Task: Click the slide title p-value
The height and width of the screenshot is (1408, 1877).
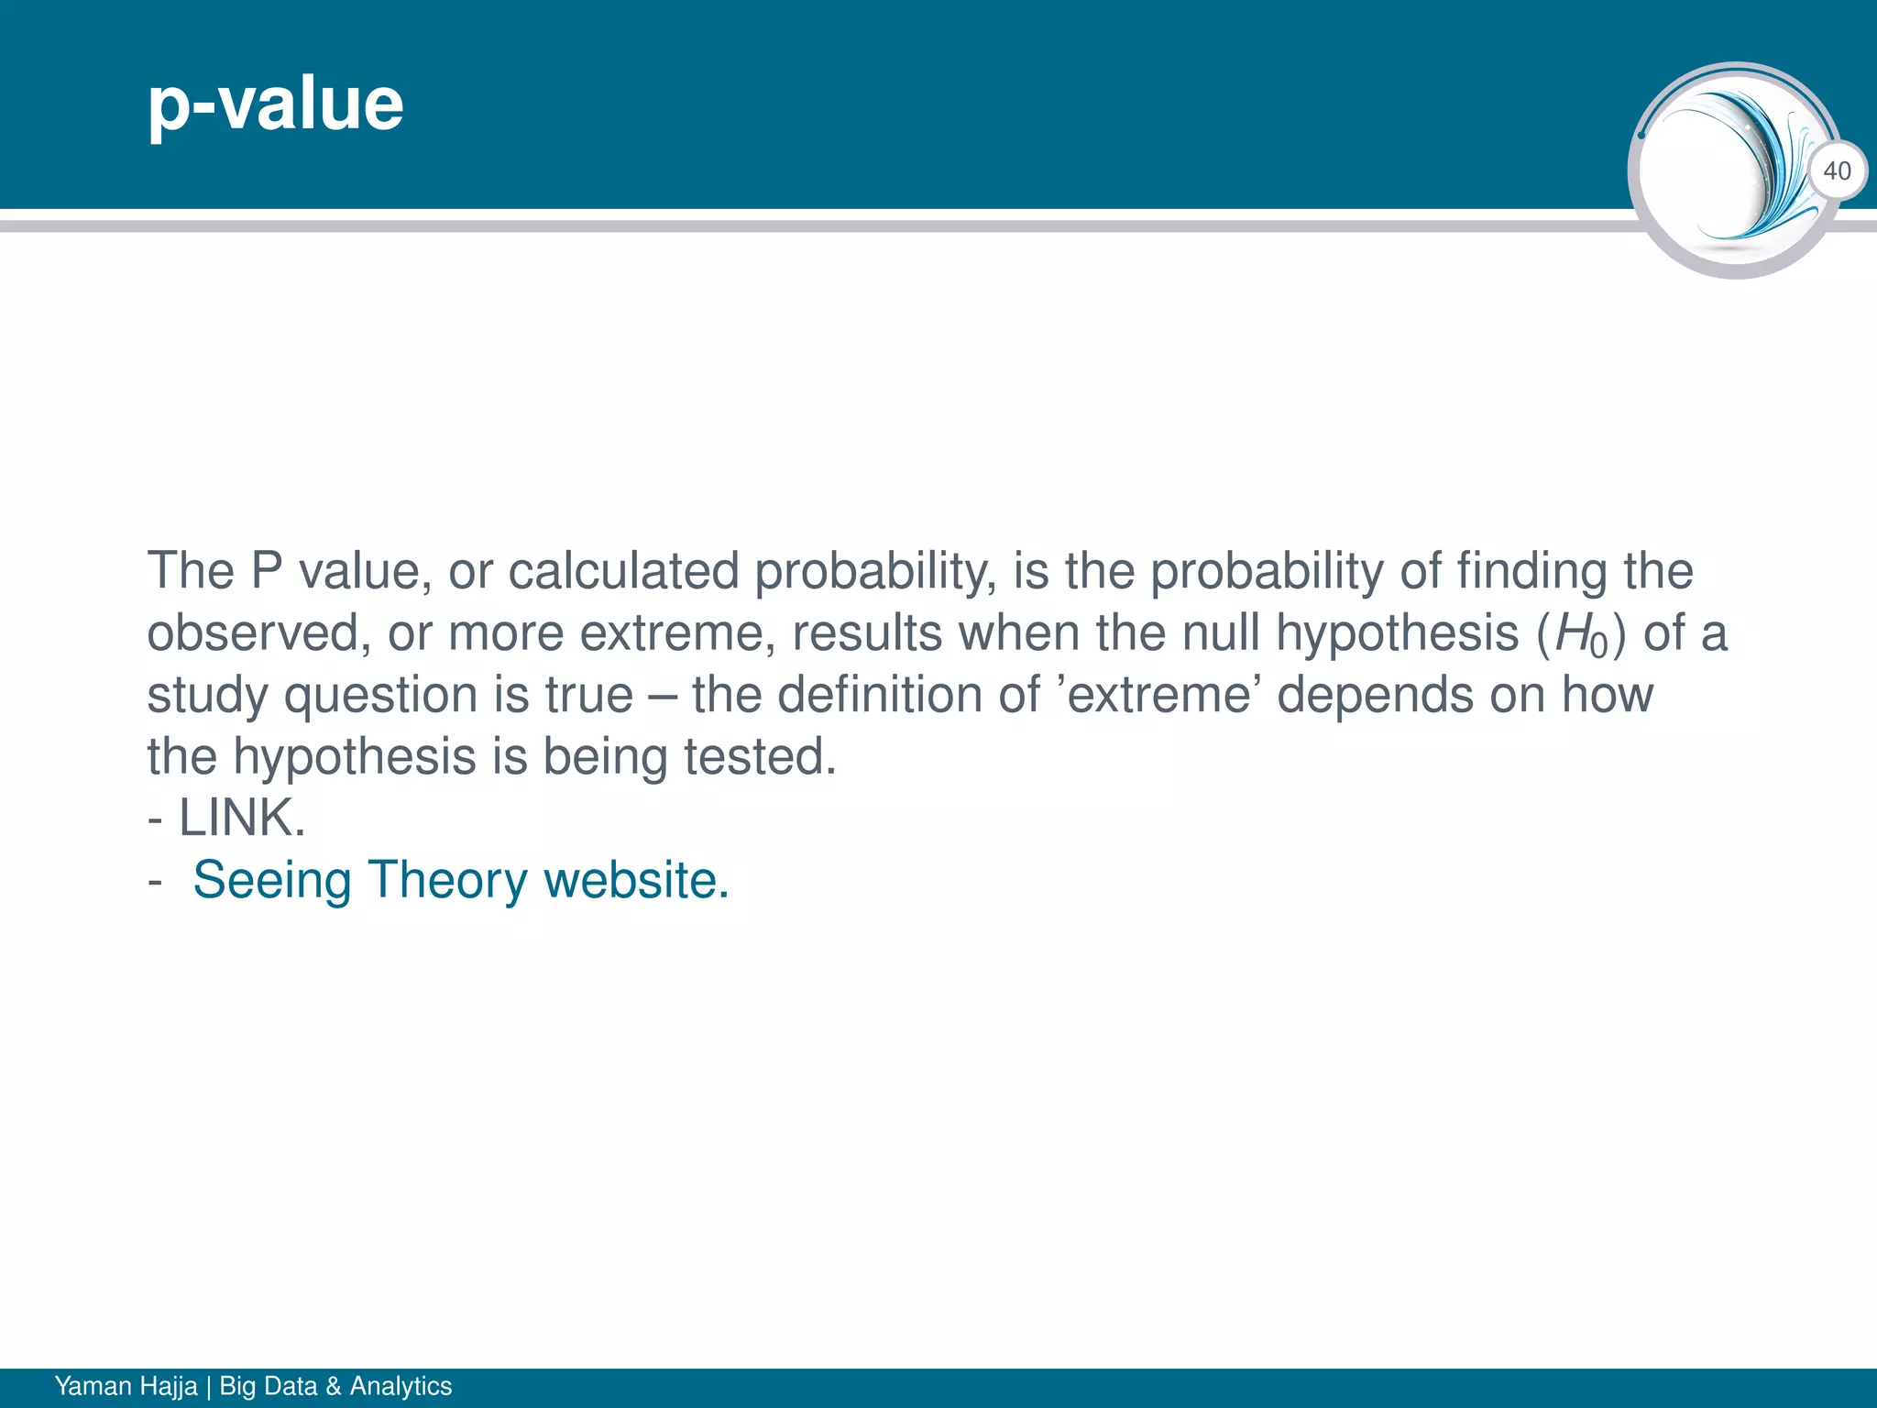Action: (275, 104)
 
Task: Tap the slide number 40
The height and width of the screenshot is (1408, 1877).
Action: (1837, 170)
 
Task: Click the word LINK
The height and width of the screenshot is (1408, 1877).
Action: (241, 818)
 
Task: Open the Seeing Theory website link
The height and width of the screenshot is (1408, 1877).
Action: (460, 880)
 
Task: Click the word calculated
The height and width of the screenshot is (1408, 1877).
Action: (623, 571)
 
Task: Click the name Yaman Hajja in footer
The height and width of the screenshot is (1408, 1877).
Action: (126, 1386)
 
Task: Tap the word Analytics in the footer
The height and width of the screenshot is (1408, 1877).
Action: (401, 1386)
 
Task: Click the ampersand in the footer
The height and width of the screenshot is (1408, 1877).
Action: (333, 1386)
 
